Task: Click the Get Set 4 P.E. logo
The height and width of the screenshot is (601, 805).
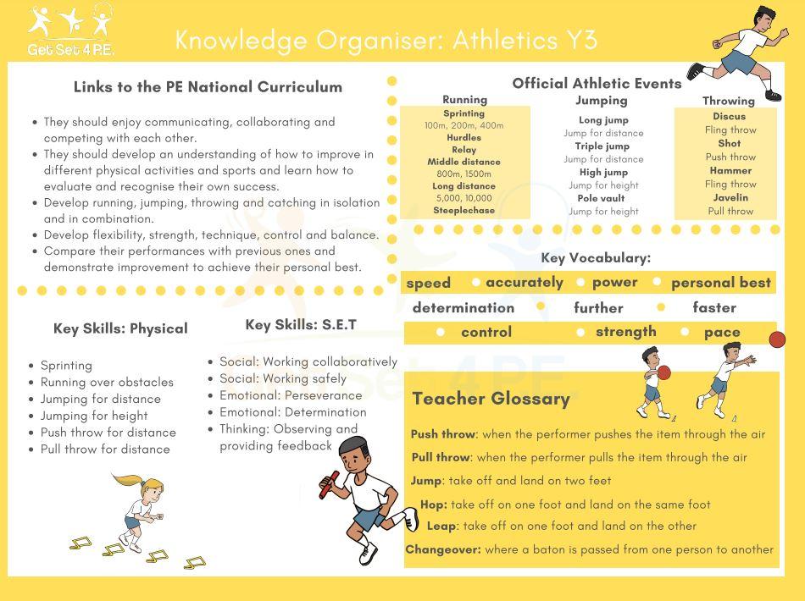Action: [x=70, y=30]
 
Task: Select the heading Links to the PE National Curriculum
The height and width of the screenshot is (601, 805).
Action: [x=208, y=87]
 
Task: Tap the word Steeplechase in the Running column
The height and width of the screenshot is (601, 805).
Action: [x=464, y=211]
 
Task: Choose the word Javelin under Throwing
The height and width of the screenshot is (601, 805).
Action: [x=730, y=198]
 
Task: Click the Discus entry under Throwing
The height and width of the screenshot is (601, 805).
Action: [x=729, y=117]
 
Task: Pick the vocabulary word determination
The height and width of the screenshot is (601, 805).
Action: [x=464, y=308]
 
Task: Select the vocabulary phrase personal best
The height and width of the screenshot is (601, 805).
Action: [x=720, y=283]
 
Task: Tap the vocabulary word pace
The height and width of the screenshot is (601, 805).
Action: [x=722, y=333]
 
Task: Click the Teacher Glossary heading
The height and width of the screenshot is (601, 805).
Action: [x=491, y=399]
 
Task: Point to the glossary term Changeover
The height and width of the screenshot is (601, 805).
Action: [x=442, y=549]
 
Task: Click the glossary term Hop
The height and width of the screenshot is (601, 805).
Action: [x=433, y=505]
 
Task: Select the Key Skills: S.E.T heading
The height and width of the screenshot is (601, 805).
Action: [x=301, y=325]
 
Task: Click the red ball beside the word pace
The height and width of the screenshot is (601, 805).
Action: [x=776, y=339]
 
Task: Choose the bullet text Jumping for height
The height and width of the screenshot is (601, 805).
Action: [x=94, y=416]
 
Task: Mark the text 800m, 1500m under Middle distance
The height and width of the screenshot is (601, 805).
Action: [x=464, y=174]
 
